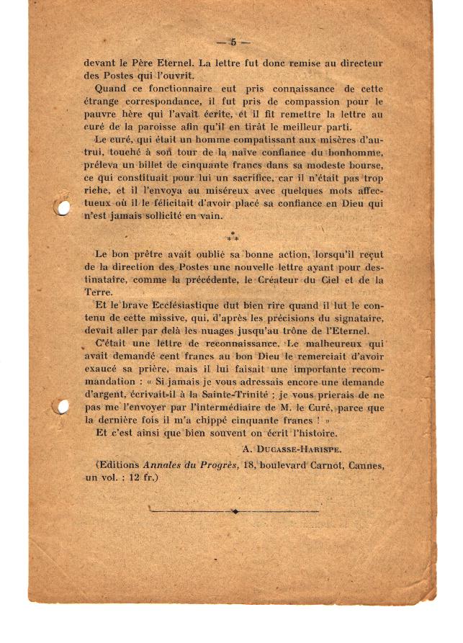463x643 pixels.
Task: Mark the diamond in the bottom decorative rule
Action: pos(235,511)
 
